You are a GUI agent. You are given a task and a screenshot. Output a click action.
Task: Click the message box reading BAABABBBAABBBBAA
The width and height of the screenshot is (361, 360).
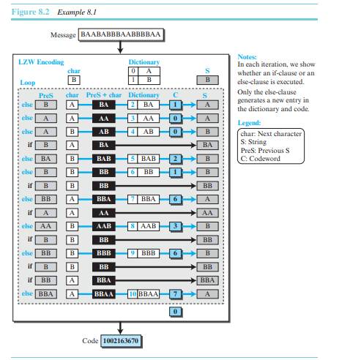click(x=121, y=34)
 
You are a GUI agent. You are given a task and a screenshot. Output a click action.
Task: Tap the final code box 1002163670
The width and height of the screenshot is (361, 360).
click(x=121, y=341)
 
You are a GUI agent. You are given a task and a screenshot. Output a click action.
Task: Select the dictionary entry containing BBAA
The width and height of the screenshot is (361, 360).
click(x=144, y=294)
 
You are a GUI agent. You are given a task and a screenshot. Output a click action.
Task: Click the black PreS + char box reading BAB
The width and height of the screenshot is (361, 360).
click(x=104, y=159)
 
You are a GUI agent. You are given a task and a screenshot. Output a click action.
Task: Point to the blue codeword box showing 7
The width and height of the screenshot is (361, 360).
click(x=175, y=294)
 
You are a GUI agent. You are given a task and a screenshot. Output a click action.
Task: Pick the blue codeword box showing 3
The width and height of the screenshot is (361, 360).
click(x=175, y=226)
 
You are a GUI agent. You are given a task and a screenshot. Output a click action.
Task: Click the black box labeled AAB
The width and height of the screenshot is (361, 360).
click(x=104, y=226)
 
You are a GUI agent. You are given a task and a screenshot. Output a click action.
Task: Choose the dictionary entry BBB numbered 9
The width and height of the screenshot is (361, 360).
click(x=144, y=253)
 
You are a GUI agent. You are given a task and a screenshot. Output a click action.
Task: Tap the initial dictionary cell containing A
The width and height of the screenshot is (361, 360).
click(x=149, y=71)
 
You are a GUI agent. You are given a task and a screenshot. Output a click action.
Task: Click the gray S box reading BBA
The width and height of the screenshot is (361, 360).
click(x=207, y=280)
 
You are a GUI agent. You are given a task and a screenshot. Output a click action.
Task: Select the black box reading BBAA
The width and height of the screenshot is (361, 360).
click(x=104, y=294)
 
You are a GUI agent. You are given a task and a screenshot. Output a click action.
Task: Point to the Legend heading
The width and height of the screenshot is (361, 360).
click(x=249, y=123)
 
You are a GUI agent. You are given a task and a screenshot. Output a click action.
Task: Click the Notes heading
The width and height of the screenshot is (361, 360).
click(x=247, y=57)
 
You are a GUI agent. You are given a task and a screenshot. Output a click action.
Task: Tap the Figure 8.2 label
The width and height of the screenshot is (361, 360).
click(x=31, y=12)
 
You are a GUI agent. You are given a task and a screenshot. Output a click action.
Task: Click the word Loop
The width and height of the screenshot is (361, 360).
click(x=28, y=83)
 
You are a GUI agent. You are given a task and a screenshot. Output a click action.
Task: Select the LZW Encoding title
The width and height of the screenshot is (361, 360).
click(x=41, y=62)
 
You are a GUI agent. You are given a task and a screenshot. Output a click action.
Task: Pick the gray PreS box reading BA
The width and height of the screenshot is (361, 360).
click(x=46, y=159)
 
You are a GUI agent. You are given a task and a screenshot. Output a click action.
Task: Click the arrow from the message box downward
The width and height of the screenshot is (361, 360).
click(x=120, y=47)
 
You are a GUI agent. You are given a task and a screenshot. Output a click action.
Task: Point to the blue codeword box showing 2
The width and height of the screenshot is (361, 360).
click(x=175, y=159)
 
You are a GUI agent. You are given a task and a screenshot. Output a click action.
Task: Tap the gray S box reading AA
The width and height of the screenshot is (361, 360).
click(x=207, y=213)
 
